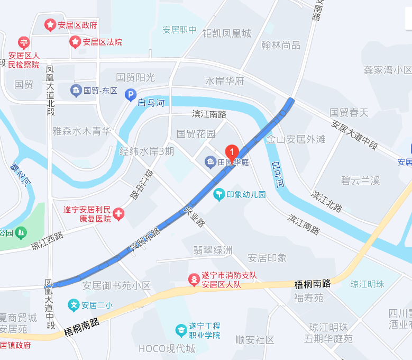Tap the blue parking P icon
[x=130, y=95]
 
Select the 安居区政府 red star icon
[x=50, y=24]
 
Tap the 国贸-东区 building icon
[x=76, y=90]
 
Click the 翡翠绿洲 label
[x=213, y=250]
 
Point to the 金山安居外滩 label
[x=296, y=139]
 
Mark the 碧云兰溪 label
[x=360, y=181]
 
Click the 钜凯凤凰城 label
[x=227, y=33]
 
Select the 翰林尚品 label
[x=281, y=46]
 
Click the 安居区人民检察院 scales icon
[x=24, y=41]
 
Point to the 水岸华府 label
[x=224, y=81]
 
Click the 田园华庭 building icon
[x=210, y=162]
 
